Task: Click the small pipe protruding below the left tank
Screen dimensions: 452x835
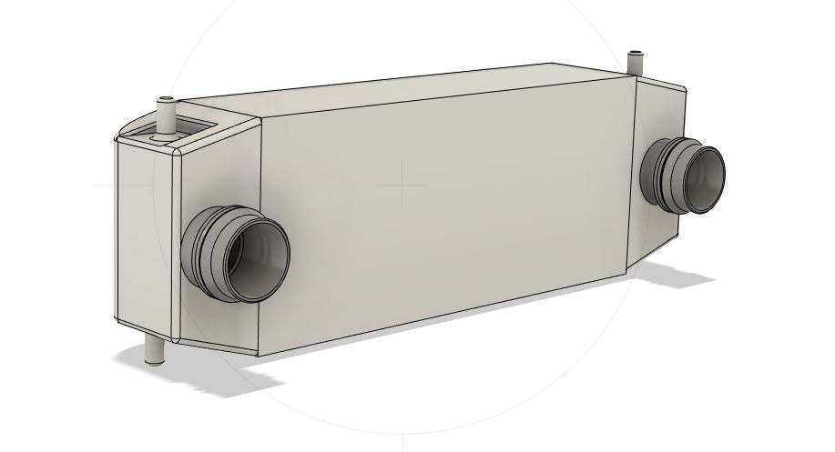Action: coord(152,347)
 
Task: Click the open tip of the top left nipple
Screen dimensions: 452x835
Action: coord(166,98)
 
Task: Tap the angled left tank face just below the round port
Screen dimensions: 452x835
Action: coord(219,318)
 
